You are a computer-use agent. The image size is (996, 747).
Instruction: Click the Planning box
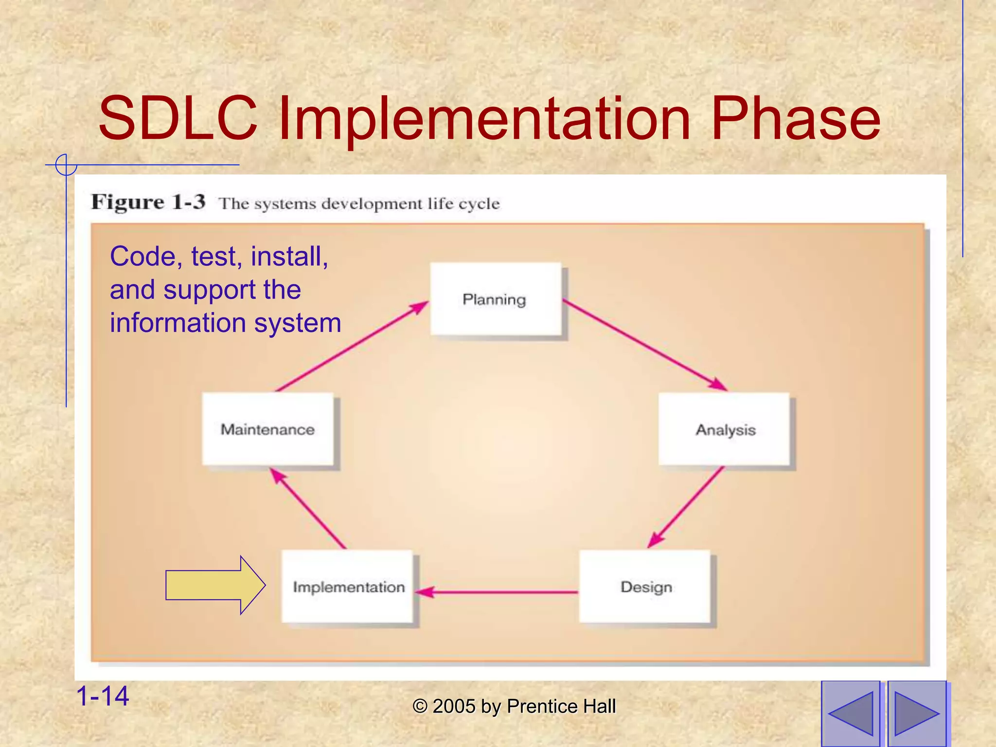click(x=495, y=299)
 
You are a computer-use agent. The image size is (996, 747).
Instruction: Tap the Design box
click(x=645, y=587)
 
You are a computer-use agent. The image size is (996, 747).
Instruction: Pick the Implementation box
click(x=347, y=587)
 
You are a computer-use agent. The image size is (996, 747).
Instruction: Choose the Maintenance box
click(x=267, y=429)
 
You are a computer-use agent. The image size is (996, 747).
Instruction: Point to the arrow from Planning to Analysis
click(x=644, y=345)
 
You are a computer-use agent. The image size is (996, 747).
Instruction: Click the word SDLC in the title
click(x=178, y=118)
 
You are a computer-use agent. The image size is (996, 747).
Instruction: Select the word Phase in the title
click(x=795, y=118)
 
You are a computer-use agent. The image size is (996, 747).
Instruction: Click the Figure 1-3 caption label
click(x=148, y=202)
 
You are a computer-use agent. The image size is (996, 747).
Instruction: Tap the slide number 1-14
click(x=103, y=695)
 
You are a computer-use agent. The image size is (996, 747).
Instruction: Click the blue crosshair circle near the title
click(x=66, y=165)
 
